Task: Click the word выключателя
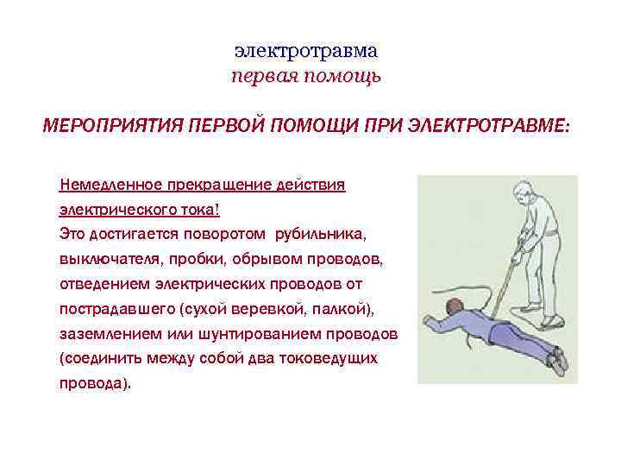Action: (110, 259)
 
